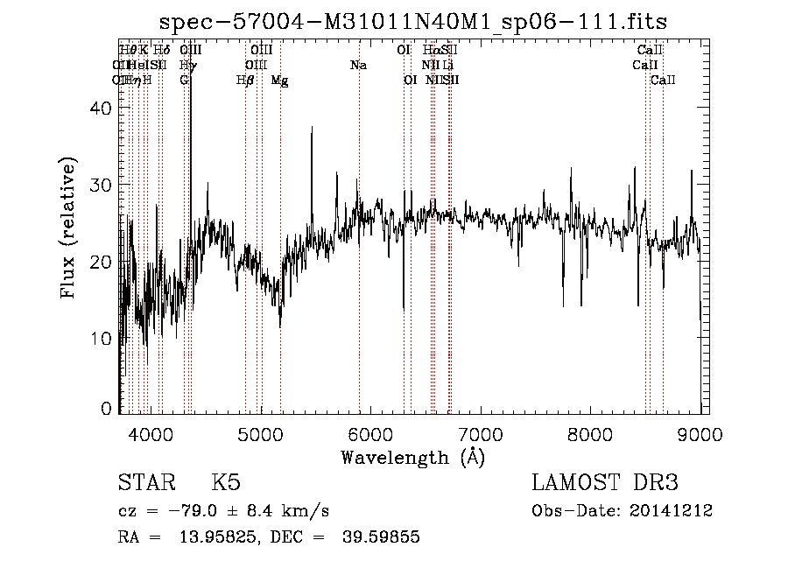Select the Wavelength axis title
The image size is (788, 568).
point(412,458)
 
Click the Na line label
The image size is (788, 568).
point(358,66)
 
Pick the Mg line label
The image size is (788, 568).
point(279,81)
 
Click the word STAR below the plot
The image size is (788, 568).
point(148,483)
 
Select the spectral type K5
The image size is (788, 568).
point(226,483)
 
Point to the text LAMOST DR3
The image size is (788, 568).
point(605,483)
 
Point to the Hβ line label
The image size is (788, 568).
point(245,81)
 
